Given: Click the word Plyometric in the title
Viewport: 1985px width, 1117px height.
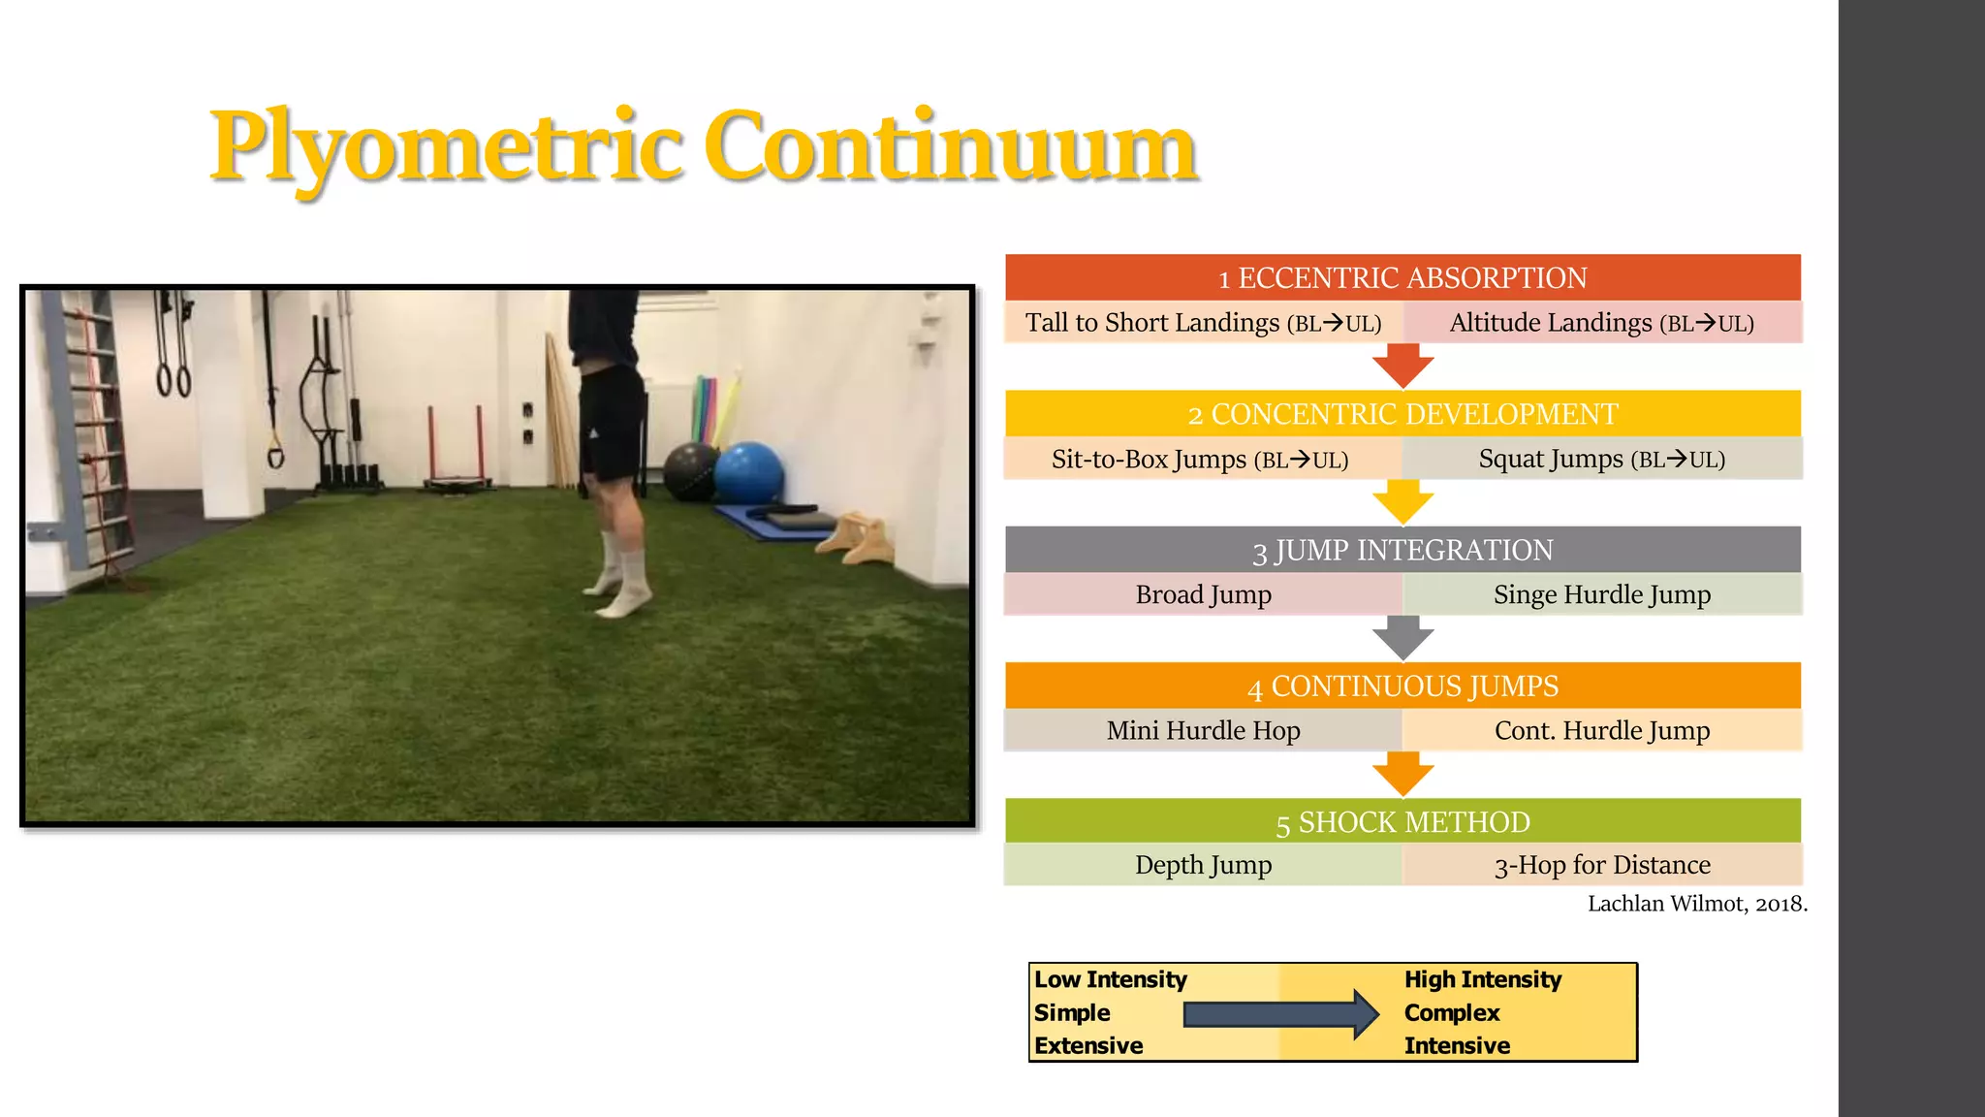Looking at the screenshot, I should pyautogui.click(x=446, y=147).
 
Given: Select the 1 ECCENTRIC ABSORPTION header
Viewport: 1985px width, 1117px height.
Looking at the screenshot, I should pyautogui.click(x=1402, y=277).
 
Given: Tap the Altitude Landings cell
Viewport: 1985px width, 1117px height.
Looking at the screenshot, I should pyautogui.click(x=1601, y=323).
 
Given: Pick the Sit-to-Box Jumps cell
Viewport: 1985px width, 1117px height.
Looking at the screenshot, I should pyautogui.click(x=1200, y=459).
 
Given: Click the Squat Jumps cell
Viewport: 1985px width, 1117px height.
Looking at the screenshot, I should pyautogui.click(x=1601, y=459).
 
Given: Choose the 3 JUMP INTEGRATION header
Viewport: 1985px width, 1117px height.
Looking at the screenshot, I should pyautogui.click(x=1402, y=550).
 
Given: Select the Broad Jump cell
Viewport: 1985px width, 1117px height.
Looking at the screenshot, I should pyautogui.click(x=1203, y=594).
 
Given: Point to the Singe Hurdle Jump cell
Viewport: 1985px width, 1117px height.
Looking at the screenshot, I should pyautogui.click(x=1601, y=594).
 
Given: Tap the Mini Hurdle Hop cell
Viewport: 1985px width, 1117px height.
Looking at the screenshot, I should pyautogui.click(x=1203, y=730).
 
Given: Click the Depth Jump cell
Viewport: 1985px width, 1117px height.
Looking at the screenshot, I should pyautogui.click(x=1203, y=864).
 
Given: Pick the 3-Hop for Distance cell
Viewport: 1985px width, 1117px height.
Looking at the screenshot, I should pyautogui.click(x=1601, y=864).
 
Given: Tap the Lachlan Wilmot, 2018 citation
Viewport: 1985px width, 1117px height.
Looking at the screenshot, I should pyautogui.click(x=1696, y=904).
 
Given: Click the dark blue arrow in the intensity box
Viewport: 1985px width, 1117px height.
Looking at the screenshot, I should pyautogui.click(x=1279, y=1014).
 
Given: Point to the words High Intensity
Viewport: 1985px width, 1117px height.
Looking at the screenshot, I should pyautogui.click(x=1482, y=979).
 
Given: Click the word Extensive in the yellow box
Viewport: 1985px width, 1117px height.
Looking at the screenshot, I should pyautogui.click(x=1087, y=1045).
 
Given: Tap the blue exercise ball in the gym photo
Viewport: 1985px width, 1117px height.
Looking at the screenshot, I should pyautogui.click(x=748, y=471).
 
